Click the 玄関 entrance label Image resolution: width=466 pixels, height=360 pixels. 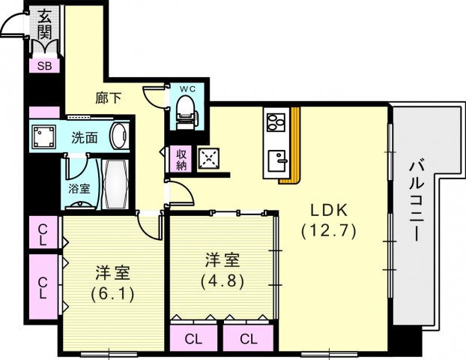pos(46,24)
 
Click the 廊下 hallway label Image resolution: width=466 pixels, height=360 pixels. pos(107,96)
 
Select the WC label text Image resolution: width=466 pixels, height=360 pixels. pos(187,87)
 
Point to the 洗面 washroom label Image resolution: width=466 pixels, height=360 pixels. pos(85,138)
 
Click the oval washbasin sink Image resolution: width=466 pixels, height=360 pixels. pos(118,136)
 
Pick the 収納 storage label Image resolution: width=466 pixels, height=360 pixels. pos(181,159)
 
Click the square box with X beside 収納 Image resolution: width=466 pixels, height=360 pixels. pos(208,159)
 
